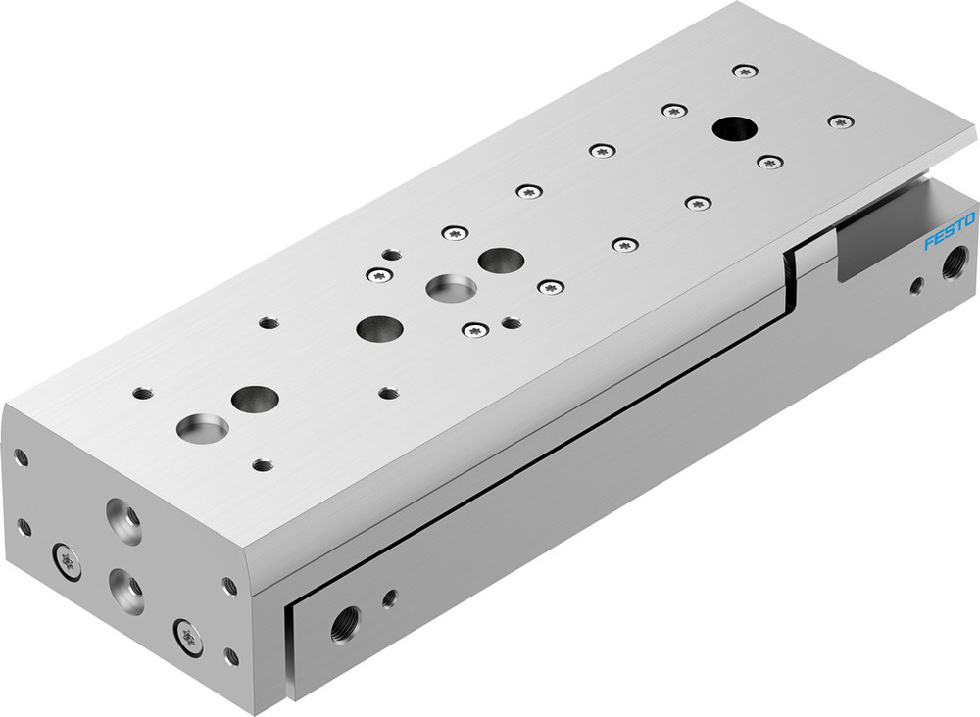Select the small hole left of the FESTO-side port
915,286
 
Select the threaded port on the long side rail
345,619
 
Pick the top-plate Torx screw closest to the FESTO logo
840,121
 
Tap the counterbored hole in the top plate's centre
451,288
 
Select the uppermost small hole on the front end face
21,457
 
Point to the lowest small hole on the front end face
231,656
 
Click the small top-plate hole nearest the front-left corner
143,393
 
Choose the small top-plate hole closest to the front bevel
262,464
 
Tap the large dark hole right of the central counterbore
501,261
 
